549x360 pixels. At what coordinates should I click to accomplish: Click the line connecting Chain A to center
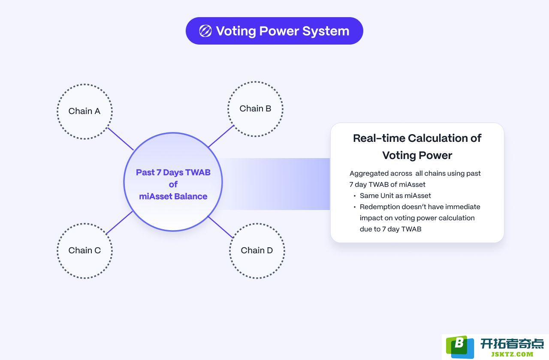(x=121, y=138)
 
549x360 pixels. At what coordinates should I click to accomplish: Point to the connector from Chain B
(x=221, y=136)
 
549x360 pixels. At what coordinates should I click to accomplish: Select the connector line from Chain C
(x=119, y=222)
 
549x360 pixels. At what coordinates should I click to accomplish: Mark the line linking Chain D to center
(x=220, y=227)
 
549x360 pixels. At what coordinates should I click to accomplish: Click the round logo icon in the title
(x=205, y=31)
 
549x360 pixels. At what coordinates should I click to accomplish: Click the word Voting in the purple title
(x=236, y=31)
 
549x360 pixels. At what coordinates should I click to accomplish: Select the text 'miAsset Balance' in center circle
(x=173, y=196)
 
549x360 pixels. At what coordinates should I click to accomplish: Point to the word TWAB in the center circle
(x=198, y=172)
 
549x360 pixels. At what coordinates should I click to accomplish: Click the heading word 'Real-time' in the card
(x=379, y=138)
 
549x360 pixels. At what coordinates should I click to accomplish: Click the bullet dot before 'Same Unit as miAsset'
(x=355, y=196)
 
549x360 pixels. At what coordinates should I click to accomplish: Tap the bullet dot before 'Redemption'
(x=355, y=207)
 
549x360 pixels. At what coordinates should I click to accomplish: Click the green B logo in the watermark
(x=460, y=347)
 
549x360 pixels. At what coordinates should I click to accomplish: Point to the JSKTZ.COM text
(x=512, y=354)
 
